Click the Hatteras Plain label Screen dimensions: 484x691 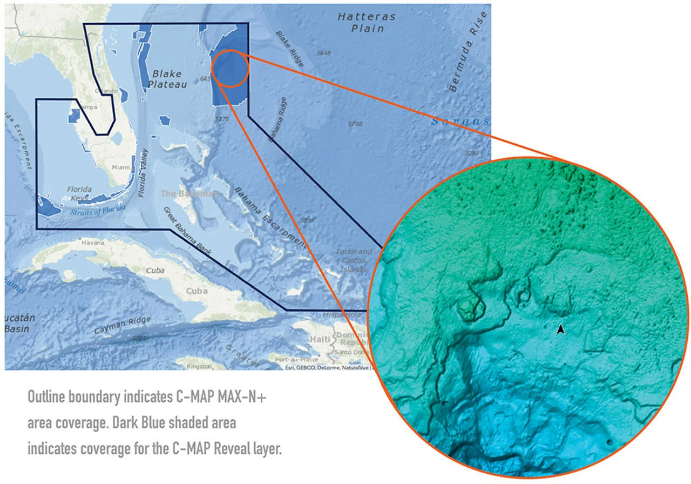pos(367,22)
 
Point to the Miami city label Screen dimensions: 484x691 pos(120,167)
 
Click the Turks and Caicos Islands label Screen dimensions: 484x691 pos(354,260)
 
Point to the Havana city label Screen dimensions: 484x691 pos(92,243)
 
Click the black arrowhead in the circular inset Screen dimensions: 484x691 pos(561,329)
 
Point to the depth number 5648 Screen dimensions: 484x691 pos(324,53)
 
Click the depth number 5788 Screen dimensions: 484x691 pos(355,124)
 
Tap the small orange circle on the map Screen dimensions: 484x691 pos(230,68)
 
